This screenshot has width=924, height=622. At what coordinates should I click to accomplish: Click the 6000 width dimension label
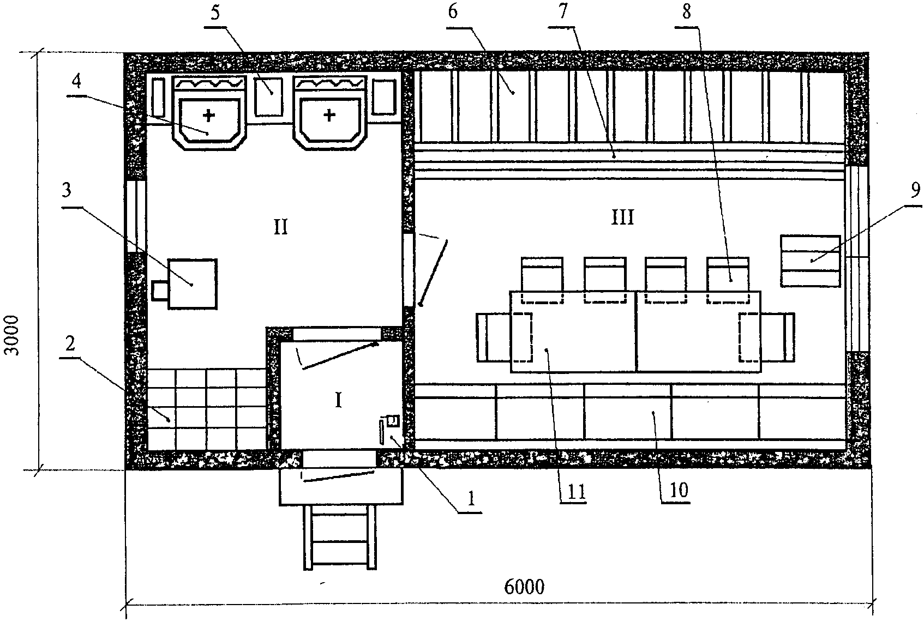(524, 587)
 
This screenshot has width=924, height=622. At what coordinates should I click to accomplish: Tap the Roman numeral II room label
(281, 227)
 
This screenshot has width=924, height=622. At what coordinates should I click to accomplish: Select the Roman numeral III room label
(622, 217)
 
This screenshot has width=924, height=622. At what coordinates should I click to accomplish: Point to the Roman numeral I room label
(338, 400)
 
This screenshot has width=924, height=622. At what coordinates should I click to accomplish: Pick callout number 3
(67, 190)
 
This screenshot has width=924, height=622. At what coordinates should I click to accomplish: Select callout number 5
(215, 14)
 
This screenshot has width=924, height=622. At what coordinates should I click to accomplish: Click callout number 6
(453, 12)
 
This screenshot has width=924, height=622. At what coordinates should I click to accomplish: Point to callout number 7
(563, 11)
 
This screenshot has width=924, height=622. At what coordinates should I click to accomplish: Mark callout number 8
(686, 11)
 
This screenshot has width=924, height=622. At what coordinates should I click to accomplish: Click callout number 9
(915, 190)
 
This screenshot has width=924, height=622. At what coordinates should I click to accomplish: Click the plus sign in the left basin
(209, 116)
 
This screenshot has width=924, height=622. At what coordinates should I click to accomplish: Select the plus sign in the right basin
(329, 116)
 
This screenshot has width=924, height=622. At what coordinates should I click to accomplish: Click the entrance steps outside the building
(340, 538)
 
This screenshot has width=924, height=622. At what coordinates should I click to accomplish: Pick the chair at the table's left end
(504, 337)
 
